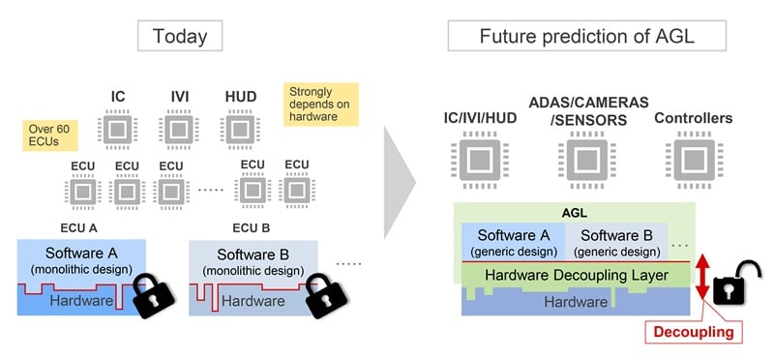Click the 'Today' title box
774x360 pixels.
pyautogui.click(x=180, y=36)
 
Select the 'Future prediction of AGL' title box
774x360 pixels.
pyautogui.click(x=587, y=36)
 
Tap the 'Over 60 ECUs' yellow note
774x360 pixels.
pyautogui.click(x=50, y=136)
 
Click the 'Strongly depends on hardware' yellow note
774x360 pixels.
pyautogui.click(x=321, y=105)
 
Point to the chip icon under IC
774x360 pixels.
pyautogui.click(x=117, y=130)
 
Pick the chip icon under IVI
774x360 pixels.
pyautogui.click(x=179, y=130)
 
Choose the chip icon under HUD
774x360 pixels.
pyautogui.click(x=240, y=130)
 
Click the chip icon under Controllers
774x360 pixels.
pyautogui.click(x=694, y=160)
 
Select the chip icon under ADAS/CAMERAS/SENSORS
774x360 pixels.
pyautogui.click(x=587, y=160)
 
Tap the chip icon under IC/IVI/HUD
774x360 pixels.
pyautogui.click(x=480, y=160)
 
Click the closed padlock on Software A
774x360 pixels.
pyautogui.click(x=154, y=295)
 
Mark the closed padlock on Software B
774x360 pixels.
pyautogui.click(x=326, y=295)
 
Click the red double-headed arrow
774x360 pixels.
pyautogui.click(x=703, y=278)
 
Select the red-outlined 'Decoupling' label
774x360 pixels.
pyautogui.click(x=693, y=332)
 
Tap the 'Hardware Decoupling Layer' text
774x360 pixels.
pyautogui.click(x=577, y=275)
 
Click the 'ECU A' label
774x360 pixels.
pyautogui.click(x=79, y=228)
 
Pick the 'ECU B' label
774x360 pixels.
pyautogui.click(x=252, y=228)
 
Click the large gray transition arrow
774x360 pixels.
pyautogui.click(x=398, y=182)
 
